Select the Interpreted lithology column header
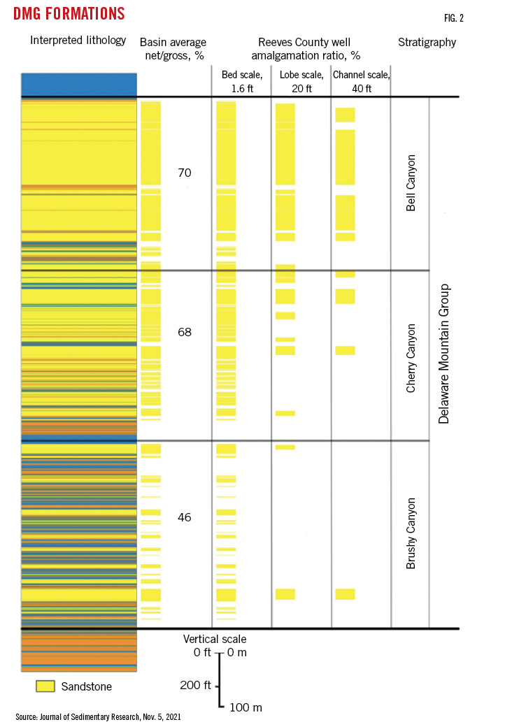coord(78,41)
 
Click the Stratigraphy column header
coord(427,43)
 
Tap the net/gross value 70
coord(184,173)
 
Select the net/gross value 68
coord(184,332)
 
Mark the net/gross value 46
coord(184,517)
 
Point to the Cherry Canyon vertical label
coord(411,357)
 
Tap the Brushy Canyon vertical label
coord(411,533)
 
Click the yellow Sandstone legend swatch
coord(45,686)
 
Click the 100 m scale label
coord(246,708)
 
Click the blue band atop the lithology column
coord(78,85)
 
